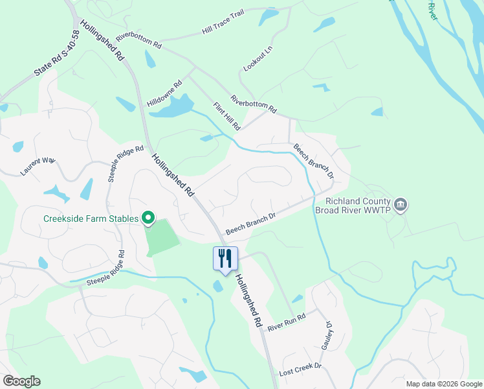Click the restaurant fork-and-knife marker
tap(225, 259)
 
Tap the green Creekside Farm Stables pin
tap(148, 219)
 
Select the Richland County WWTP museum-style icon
tap(401, 206)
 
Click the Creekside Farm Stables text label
tap(91, 219)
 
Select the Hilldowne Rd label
tap(165, 94)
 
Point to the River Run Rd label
tap(286, 323)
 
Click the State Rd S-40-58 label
tap(56, 54)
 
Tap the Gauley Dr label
tap(327, 336)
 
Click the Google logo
tap(21, 381)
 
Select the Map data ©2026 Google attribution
tap(443, 384)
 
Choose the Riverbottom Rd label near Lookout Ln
tap(254, 106)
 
